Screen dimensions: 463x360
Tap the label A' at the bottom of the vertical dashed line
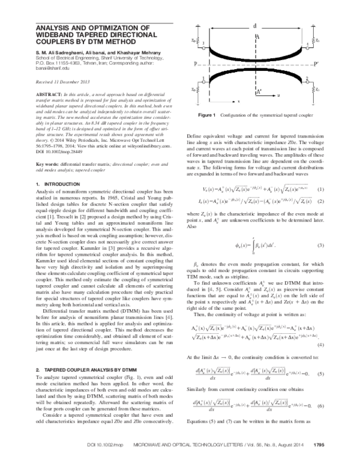[259, 92]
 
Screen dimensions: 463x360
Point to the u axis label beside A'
[277, 95]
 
